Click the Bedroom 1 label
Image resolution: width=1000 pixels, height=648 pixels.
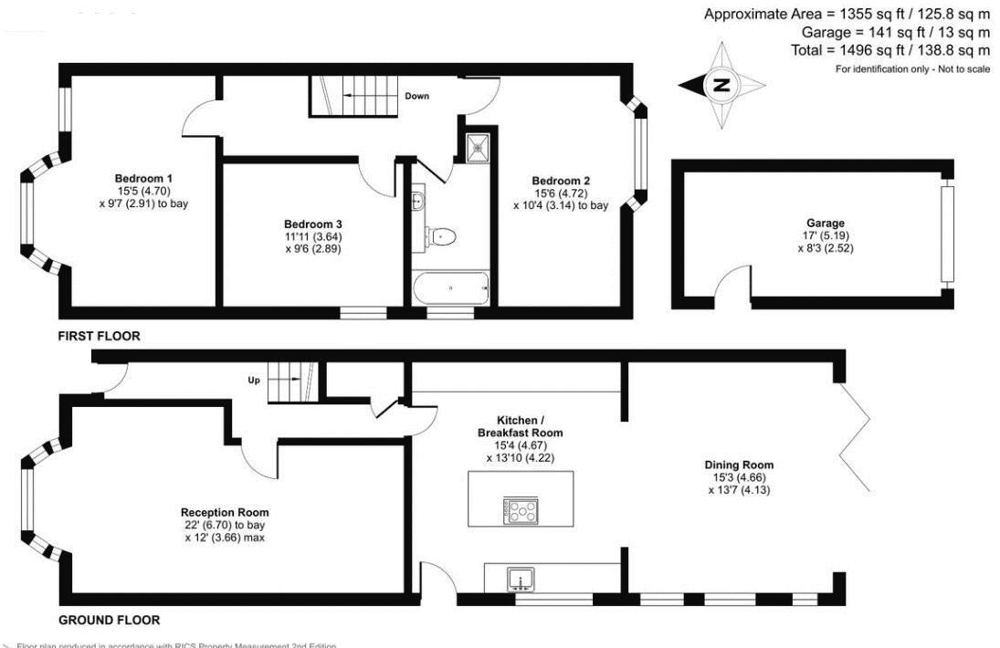click(x=143, y=178)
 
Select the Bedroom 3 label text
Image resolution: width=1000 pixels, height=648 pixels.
click(x=312, y=225)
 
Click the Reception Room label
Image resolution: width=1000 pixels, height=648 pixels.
click(x=225, y=512)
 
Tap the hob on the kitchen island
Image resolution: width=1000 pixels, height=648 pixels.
click(x=521, y=510)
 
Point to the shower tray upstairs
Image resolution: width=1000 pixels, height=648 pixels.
click(x=476, y=146)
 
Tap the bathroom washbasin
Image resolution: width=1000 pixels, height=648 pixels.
click(x=418, y=201)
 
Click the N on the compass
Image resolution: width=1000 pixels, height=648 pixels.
click(x=721, y=86)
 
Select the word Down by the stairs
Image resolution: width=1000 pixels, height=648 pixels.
click(x=417, y=96)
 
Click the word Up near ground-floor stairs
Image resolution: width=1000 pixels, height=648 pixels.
click(x=255, y=379)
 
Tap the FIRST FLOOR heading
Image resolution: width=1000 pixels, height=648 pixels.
click(x=99, y=336)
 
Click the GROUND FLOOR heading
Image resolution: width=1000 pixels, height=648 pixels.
click(x=109, y=620)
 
